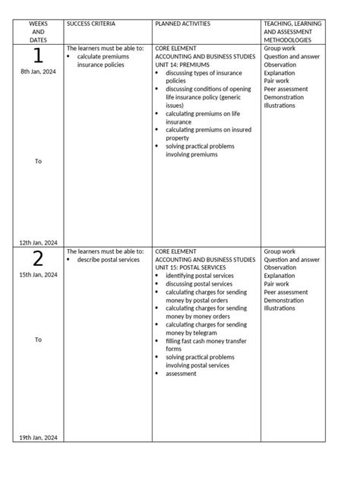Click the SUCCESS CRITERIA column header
[x=91, y=24]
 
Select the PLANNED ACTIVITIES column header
[x=182, y=24]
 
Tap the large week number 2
[x=38, y=259]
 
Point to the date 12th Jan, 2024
[x=38, y=242]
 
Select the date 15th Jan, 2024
[x=38, y=275]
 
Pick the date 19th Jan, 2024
[x=38, y=437]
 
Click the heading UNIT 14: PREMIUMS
[x=182, y=65]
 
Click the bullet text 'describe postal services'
[x=109, y=260]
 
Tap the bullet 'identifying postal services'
[x=200, y=276]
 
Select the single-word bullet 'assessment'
[x=181, y=374]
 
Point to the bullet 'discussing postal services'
[x=199, y=284]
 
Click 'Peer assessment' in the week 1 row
[x=286, y=89]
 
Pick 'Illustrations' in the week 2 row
[x=279, y=308]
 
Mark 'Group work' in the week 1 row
[x=279, y=48]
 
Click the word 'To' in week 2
[x=38, y=339]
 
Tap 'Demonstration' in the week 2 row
[x=284, y=300]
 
